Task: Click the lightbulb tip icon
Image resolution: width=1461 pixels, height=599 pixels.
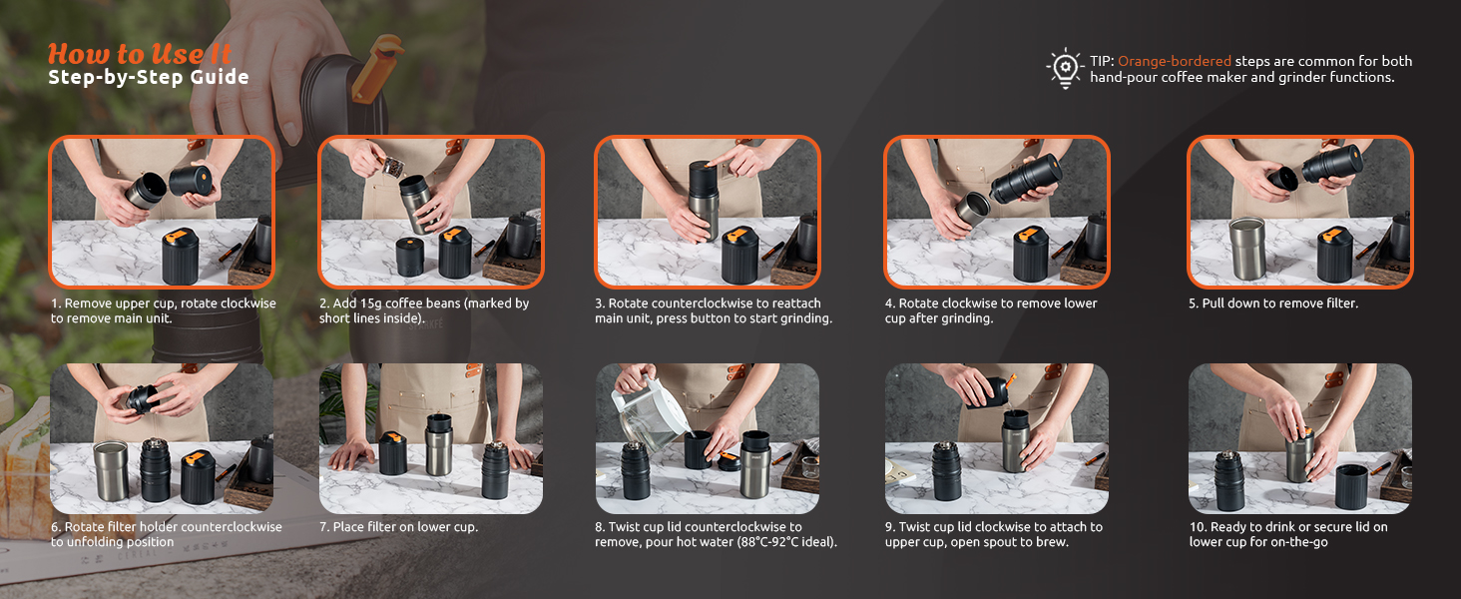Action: [1065, 68]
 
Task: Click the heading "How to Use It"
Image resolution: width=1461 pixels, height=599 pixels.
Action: [140, 54]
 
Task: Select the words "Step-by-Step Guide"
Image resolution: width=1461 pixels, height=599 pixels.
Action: [148, 77]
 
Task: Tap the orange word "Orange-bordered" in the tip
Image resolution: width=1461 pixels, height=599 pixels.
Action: [1174, 61]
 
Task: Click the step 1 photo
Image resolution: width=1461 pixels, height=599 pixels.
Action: [162, 212]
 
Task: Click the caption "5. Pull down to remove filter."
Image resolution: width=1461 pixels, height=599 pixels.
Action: [1273, 303]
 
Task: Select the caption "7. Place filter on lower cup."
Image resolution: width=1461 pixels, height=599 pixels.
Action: [398, 526]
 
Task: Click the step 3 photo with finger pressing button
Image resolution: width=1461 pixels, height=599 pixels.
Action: [707, 212]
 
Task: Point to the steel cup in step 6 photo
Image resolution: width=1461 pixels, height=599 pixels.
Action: [111, 470]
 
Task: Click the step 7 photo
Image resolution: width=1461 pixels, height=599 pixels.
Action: [430, 438]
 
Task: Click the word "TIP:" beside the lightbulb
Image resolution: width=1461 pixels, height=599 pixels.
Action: [1103, 61]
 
